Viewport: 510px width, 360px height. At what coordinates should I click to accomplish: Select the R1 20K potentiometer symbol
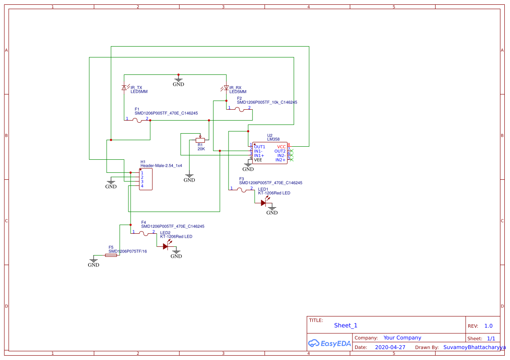click(x=200, y=140)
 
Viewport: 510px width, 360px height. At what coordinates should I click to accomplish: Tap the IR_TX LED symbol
click(x=124, y=88)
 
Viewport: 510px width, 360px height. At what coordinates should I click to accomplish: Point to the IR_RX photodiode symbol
click(x=226, y=88)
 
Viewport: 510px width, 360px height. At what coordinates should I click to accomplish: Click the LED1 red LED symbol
click(x=264, y=202)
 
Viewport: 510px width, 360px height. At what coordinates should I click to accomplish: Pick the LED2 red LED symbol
click(x=166, y=246)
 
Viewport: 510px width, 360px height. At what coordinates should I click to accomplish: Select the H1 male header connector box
click(x=146, y=179)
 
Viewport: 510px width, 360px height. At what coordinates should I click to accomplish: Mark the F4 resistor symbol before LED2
click(x=144, y=234)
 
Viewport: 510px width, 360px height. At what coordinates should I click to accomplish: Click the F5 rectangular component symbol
click(x=111, y=256)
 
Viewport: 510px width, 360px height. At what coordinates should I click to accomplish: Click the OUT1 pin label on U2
click(x=260, y=147)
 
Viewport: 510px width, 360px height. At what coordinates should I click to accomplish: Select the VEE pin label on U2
click(x=258, y=160)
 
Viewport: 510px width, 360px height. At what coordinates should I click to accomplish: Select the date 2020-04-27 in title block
click(x=390, y=347)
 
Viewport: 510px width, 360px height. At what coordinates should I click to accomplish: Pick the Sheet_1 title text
click(x=346, y=325)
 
